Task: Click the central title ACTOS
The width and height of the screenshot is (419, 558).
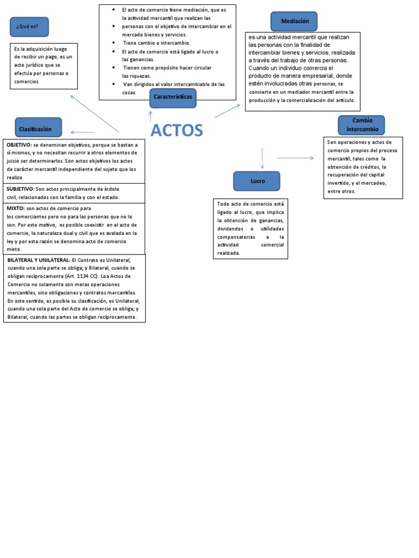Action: pyautogui.click(x=176, y=131)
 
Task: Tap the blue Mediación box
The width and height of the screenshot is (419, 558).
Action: pyautogui.click(x=295, y=21)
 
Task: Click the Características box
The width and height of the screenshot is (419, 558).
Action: pyautogui.click(x=173, y=96)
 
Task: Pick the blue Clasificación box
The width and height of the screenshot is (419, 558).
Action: pyautogui.click(x=38, y=129)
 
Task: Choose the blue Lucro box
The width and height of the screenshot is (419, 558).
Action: pyautogui.click(x=257, y=181)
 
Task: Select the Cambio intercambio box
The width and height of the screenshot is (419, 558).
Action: pyautogui.click(x=361, y=125)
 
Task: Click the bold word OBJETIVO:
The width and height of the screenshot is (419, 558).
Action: pyautogui.click(x=19, y=145)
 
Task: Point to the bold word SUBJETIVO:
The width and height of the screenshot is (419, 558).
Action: pyautogui.click(x=20, y=189)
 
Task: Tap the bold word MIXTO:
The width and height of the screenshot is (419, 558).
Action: pyautogui.click(x=15, y=208)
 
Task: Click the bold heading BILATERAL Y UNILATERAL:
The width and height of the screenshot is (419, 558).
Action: pyautogui.click(x=39, y=260)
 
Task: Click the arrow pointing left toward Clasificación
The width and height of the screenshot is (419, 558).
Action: pyautogui.click(x=82, y=132)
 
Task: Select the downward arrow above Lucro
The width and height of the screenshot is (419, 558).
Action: pyautogui.click(x=262, y=158)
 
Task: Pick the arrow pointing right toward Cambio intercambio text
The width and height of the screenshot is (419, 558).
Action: pyautogui.click(x=295, y=158)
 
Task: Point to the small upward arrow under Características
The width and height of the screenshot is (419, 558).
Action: pyautogui.click(x=151, y=115)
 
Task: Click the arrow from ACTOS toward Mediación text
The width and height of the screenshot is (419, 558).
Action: pyautogui.click(x=227, y=111)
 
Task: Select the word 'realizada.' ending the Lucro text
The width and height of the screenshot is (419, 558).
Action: pyautogui.click(x=229, y=253)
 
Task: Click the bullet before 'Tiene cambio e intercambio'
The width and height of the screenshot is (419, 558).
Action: pyautogui.click(x=112, y=42)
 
